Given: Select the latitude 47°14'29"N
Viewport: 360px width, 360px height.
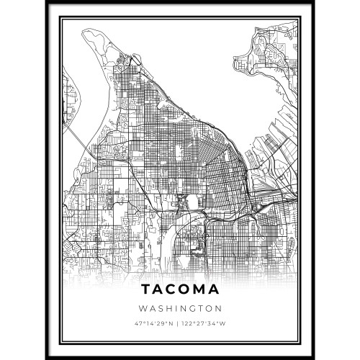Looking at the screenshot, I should [155, 323].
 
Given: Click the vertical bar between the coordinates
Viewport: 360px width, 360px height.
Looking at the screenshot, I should [180, 323].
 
